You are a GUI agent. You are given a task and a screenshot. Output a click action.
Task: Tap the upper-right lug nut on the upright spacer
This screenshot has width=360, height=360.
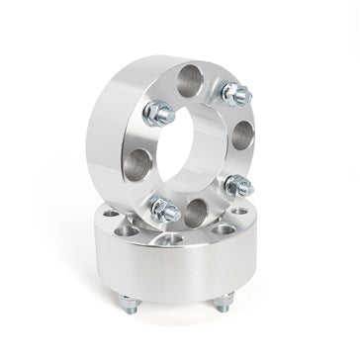[235, 94]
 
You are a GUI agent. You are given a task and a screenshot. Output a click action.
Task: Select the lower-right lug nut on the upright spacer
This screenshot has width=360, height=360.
[237, 186]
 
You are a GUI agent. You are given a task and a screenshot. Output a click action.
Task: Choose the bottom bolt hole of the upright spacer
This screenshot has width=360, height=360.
[198, 209]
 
